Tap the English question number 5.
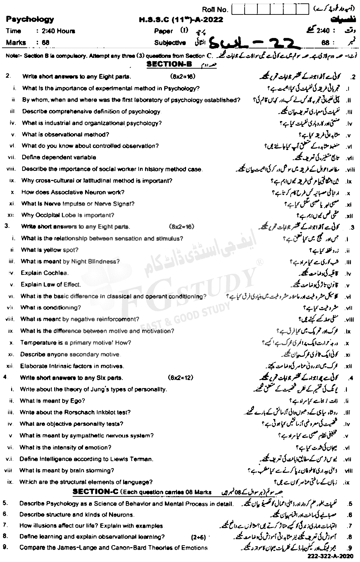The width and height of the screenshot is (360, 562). click(x=5, y=503)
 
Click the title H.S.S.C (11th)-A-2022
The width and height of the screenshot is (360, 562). click(x=181, y=20)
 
